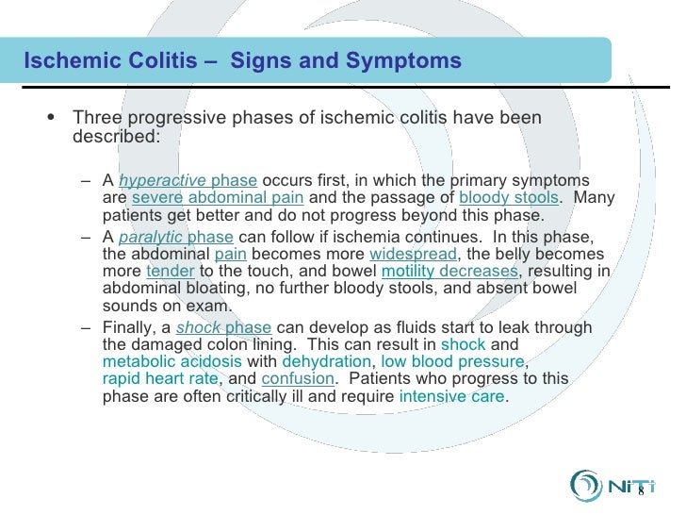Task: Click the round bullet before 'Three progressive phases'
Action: [x=50, y=118]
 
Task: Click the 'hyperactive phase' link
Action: [x=188, y=180]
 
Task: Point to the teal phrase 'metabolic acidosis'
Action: [x=171, y=362]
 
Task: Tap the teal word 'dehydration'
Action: [x=326, y=362]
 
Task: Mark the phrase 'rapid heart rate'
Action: [x=160, y=379]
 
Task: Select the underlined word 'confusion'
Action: [x=298, y=379]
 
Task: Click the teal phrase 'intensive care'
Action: [x=452, y=396]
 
